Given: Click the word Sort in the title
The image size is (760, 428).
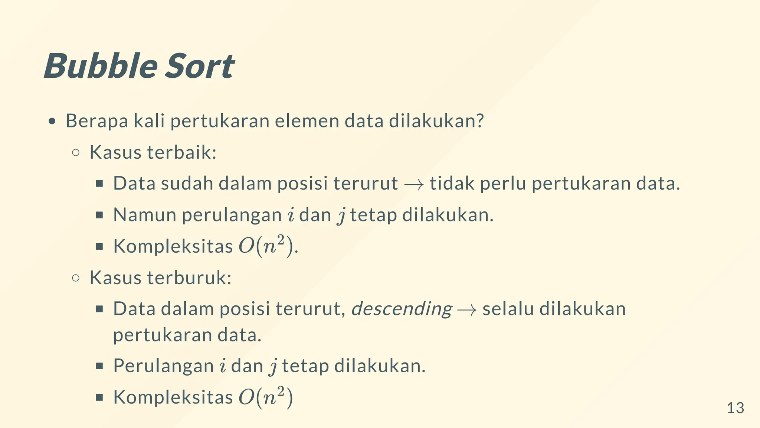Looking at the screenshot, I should coord(199,66).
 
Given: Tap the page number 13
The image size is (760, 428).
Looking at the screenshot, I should coord(735,408).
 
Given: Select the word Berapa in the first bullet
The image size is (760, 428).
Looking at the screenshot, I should coord(97,121).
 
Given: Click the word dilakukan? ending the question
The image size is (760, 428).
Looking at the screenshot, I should coord(436,121).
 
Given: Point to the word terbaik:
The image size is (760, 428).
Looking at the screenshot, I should coord(182,152).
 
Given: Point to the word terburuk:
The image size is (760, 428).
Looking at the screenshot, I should coord(189,278).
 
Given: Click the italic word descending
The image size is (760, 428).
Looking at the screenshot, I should coord(402,309).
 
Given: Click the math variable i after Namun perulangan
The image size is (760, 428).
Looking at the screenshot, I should coord(291,215).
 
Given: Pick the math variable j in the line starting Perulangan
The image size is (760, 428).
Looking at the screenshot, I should coord(273,367).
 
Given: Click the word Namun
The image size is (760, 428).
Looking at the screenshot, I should coord(144,215).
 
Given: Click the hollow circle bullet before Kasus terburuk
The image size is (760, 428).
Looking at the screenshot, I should coord(76,278).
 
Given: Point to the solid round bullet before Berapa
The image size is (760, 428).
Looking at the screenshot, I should coord(52,121).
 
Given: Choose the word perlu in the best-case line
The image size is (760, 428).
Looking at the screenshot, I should coord(503,184).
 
